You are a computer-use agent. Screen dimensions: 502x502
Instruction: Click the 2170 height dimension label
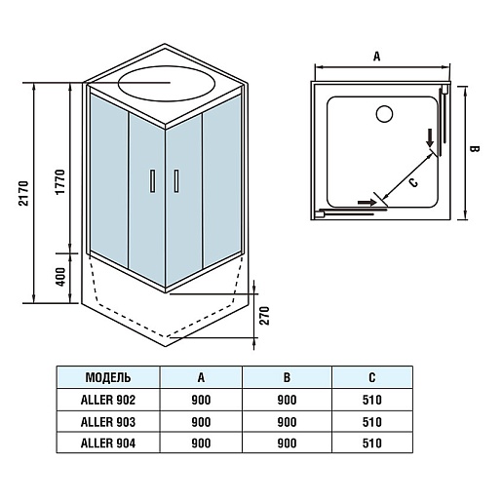(x=24, y=193)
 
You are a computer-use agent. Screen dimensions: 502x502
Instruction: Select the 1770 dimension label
(x=60, y=182)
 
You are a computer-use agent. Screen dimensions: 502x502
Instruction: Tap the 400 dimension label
(x=60, y=277)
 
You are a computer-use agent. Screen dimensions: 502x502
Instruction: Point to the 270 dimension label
(x=265, y=316)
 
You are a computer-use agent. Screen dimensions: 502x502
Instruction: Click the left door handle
(x=152, y=181)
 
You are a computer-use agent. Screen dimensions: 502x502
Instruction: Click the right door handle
(x=176, y=181)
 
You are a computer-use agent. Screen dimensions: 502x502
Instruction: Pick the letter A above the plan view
(x=376, y=57)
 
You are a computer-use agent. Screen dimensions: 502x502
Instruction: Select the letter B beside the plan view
(x=475, y=149)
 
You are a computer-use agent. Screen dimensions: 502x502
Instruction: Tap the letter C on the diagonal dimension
(x=413, y=183)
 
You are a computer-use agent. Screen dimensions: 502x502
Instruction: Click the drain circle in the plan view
(x=384, y=114)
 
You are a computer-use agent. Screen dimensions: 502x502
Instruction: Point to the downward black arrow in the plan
(x=430, y=137)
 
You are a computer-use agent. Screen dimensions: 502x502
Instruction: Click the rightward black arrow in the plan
(x=367, y=203)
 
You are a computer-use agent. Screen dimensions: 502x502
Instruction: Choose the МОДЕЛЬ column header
(x=108, y=377)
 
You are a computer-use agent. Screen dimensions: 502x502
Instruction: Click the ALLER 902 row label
(x=108, y=400)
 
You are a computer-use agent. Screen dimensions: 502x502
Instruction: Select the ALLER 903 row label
(x=108, y=422)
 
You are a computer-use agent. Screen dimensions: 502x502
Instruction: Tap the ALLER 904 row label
(x=108, y=444)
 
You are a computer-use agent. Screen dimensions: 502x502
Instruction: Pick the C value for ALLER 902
(x=372, y=400)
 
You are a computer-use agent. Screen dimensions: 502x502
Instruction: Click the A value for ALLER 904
(x=201, y=444)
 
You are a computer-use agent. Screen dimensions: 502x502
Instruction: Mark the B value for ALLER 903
(x=287, y=422)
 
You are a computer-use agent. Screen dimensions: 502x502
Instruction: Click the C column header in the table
(x=372, y=377)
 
